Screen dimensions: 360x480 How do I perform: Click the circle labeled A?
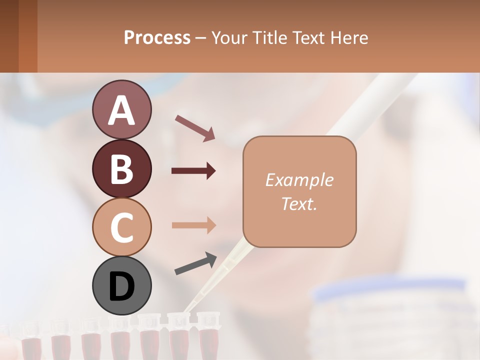point(121,109)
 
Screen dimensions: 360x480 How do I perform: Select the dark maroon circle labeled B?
point(121,168)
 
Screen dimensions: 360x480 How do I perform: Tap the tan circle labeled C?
point(121,227)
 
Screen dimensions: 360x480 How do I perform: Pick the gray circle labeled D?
point(121,285)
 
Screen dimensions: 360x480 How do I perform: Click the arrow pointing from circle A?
point(195,127)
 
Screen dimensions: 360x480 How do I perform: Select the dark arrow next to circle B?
point(193,171)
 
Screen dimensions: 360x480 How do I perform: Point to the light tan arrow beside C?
point(193,225)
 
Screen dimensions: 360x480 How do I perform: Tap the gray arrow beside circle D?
point(195,264)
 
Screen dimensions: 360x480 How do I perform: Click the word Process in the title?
point(157,37)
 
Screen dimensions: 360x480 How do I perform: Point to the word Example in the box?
point(299,180)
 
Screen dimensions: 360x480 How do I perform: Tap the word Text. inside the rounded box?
point(299,203)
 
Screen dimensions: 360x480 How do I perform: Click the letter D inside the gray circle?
point(121,286)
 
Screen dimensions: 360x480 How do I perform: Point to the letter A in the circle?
point(121,110)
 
